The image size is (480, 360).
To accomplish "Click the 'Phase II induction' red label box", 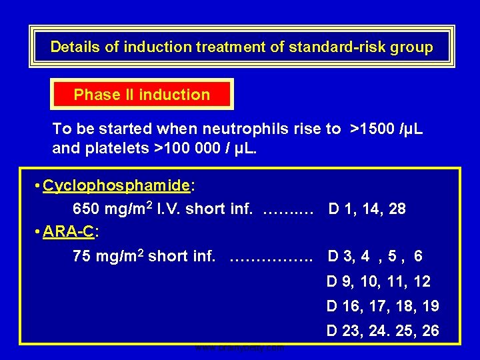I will [x=141, y=95].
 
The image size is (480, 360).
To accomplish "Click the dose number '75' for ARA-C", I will [x=81, y=256].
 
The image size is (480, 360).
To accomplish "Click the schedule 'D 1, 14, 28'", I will [x=367, y=209].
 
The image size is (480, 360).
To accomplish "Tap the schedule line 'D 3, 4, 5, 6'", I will [x=375, y=256].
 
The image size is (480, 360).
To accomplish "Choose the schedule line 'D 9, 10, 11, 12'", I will [x=378, y=281].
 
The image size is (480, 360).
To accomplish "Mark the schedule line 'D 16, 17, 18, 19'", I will [x=382, y=306].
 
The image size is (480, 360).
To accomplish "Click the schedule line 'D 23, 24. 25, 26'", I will [x=382, y=331].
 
